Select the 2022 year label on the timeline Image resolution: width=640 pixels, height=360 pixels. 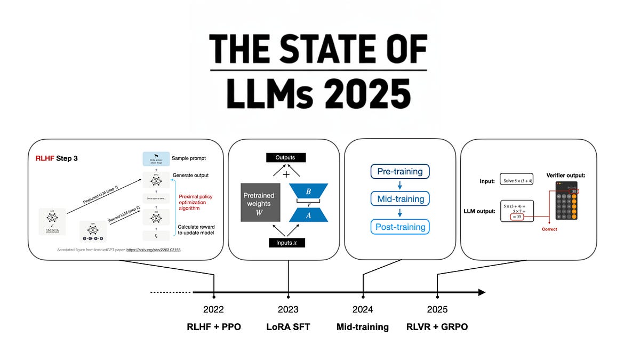213,309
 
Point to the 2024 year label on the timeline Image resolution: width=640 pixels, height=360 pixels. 363,309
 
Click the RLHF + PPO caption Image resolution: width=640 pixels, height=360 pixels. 213,326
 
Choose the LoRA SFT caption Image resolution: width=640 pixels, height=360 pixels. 288,326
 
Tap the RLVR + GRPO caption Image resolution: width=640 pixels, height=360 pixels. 437,326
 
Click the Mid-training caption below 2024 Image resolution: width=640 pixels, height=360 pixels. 363,326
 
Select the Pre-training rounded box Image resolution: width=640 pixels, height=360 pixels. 400,172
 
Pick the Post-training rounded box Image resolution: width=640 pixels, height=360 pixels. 400,227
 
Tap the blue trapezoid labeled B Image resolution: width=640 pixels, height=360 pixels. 308,191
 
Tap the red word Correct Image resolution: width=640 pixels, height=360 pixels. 549,229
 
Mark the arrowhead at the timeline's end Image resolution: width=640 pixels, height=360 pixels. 481,292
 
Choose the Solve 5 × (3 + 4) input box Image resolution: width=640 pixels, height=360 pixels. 517,180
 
